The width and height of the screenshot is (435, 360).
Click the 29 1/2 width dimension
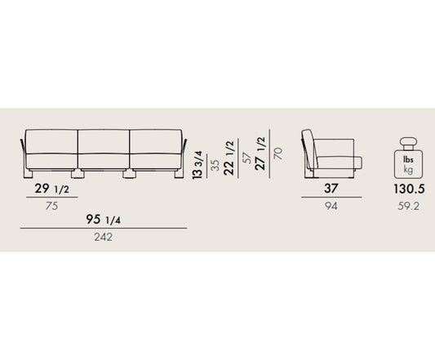click(52, 189)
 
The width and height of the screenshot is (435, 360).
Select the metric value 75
click(52, 206)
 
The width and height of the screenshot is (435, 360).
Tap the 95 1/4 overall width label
click(103, 220)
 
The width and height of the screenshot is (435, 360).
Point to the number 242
click(103, 237)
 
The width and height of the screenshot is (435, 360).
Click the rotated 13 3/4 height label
click(198, 165)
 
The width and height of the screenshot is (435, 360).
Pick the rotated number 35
click(215, 165)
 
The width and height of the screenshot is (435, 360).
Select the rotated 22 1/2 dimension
click(229, 158)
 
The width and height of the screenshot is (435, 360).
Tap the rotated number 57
click(246, 158)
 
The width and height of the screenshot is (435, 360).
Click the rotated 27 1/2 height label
click(260, 153)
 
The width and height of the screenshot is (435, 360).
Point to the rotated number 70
click(278, 153)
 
